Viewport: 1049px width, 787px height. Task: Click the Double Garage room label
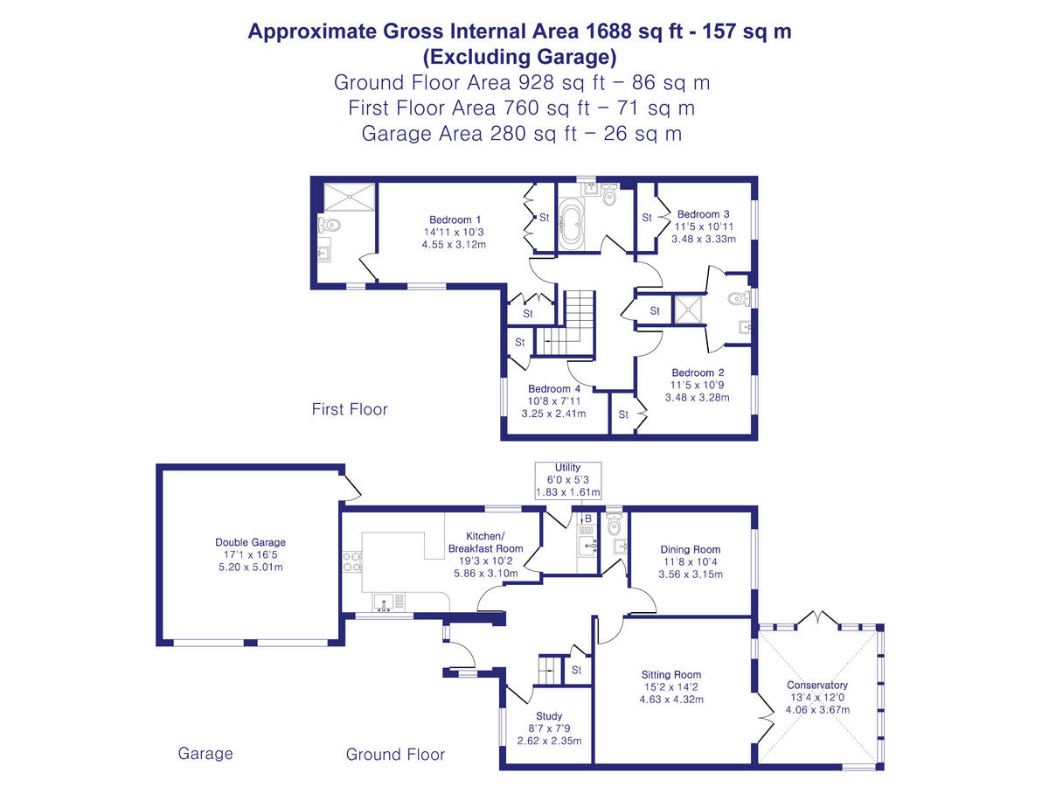click(x=250, y=542)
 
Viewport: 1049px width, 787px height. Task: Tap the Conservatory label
click(x=817, y=685)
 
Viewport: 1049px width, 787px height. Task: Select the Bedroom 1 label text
click(x=455, y=219)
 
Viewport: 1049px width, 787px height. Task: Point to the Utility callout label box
click(x=568, y=480)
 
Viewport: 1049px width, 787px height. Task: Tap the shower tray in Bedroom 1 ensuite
click(x=349, y=197)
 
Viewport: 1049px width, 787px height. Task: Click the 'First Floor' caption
click(x=350, y=409)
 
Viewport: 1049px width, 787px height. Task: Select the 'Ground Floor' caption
click(x=395, y=755)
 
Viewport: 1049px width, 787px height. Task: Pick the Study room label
click(x=549, y=716)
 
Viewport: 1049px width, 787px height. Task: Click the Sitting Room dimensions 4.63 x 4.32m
click(x=671, y=700)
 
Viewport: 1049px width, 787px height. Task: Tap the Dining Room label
click(x=691, y=550)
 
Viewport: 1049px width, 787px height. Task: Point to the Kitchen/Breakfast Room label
click(x=483, y=542)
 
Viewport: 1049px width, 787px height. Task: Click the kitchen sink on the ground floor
click(x=385, y=601)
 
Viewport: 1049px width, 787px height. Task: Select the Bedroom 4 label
click(x=554, y=389)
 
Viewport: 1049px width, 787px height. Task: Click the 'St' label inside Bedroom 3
click(x=648, y=218)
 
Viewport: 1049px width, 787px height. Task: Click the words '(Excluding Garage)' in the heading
click(x=519, y=58)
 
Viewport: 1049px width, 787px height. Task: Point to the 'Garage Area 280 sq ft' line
click(x=521, y=134)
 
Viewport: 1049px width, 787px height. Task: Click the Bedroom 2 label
click(x=697, y=373)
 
